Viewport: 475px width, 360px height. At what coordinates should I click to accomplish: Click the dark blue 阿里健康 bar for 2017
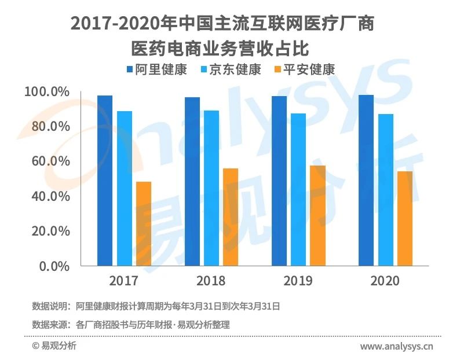105,180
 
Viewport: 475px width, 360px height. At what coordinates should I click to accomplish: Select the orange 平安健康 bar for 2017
143,223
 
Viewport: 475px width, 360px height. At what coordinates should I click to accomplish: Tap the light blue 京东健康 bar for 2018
211,188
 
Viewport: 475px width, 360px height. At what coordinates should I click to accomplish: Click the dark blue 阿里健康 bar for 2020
366,180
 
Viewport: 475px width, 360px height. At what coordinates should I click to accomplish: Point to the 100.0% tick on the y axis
47,91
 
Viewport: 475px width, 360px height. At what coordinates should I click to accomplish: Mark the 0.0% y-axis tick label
54,266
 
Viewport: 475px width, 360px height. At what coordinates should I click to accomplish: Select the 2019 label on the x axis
298,281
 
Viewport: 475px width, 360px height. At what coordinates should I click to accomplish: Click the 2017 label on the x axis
123,281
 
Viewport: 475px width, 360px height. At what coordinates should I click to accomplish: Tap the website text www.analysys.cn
397,347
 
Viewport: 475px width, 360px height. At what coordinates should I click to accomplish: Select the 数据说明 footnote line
156,306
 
